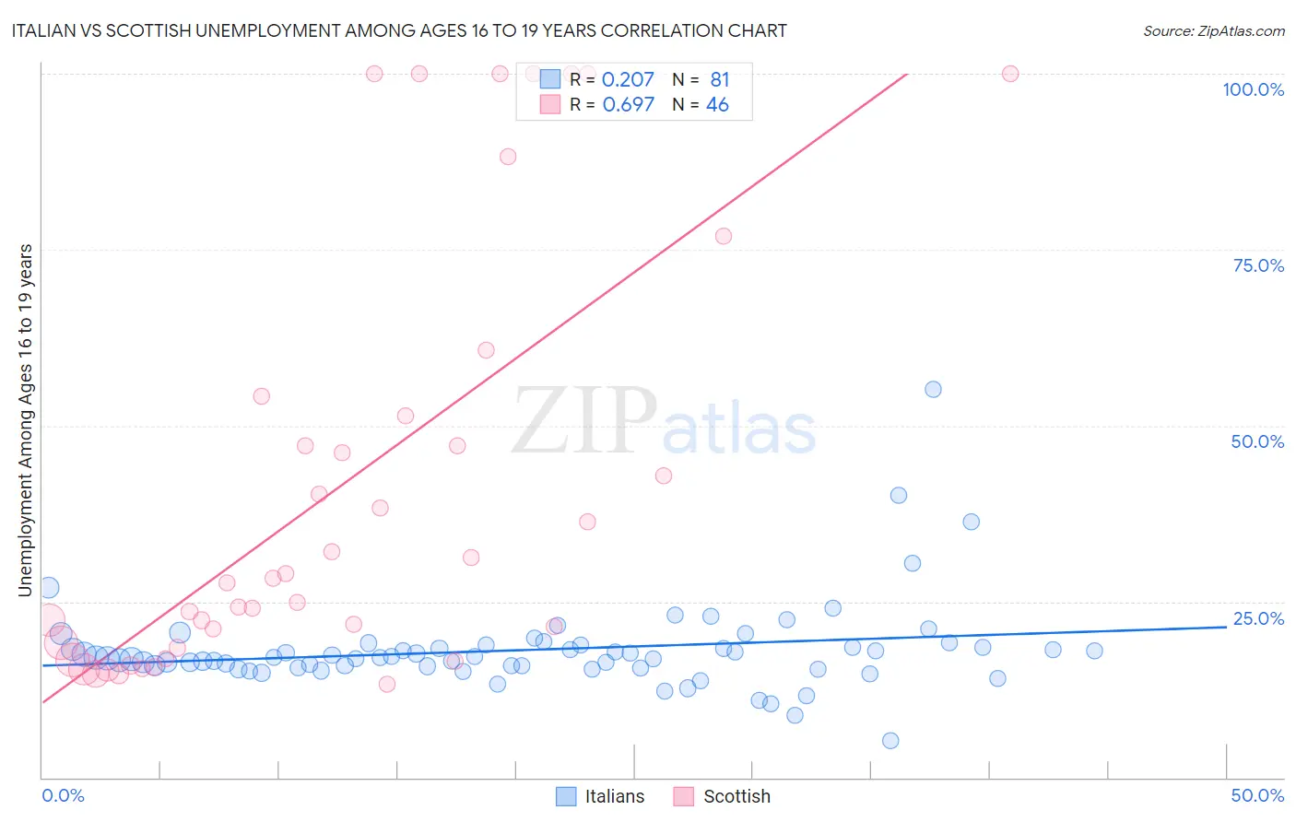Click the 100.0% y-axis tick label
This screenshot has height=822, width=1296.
click(x=1253, y=89)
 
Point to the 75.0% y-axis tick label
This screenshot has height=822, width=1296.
click(x=1258, y=265)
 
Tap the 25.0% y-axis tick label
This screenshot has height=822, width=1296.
click(x=1258, y=618)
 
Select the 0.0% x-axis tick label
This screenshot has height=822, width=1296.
click(x=63, y=795)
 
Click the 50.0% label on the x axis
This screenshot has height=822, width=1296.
click(x=1257, y=795)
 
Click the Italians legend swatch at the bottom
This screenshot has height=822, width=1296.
click(x=566, y=796)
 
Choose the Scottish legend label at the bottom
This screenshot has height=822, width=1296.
click(x=736, y=796)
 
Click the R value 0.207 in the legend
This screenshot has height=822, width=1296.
click(x=628, y=80)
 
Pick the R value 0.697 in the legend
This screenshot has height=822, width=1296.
click(x=628, y=105)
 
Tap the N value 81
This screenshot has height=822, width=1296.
click(x=719, y=80)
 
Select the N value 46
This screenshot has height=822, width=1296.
click(x=717, y=105)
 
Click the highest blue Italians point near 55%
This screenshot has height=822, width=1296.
click(x=933, y=390)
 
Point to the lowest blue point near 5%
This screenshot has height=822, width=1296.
click(x=890, y=741)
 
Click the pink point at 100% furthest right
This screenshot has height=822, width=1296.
click(x=1010, y=74)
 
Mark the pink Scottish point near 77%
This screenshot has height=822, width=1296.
click(x=724, y=237)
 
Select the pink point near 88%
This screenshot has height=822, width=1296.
click(x=508, y=157)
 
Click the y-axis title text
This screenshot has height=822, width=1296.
click(x=26, y=420)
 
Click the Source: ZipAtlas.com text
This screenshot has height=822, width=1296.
click(x=1213, y=31)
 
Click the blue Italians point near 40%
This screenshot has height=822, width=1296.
click(x=899, y=496)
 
